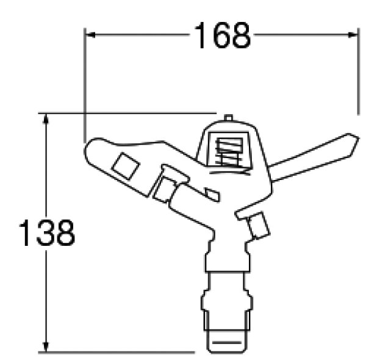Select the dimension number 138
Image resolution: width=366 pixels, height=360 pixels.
coord(47,232)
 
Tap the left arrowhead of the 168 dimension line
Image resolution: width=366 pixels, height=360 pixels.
coord(90,35)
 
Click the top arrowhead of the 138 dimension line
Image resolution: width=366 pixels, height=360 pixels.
coord(45,118)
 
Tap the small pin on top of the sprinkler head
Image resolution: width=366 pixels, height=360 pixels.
coord(229,117)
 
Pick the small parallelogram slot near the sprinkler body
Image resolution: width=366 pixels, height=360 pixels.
coord(211,195)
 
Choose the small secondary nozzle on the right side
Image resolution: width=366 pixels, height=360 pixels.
coord(257,225)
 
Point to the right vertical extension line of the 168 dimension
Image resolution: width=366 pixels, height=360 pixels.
coord(357,73)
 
